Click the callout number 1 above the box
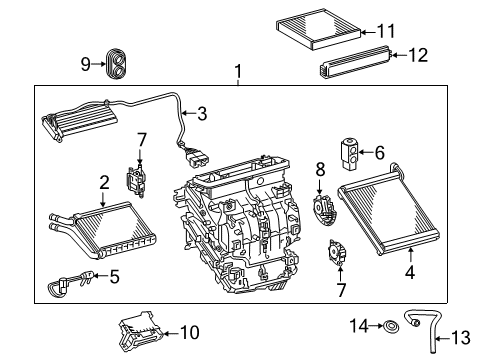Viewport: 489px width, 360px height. tap(238, 72)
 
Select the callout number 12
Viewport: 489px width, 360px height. tap(417, 56)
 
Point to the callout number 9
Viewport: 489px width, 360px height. tap(86, 66)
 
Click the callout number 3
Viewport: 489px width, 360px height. tap(202, 114)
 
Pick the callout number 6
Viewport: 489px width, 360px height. tap(379, 152)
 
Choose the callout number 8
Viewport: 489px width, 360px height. tap(320, 172)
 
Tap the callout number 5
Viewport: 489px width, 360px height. tap(114, 277)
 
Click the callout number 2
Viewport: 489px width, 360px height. tap(104, 182)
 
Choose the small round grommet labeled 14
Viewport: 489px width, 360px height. tap(410, 326)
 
